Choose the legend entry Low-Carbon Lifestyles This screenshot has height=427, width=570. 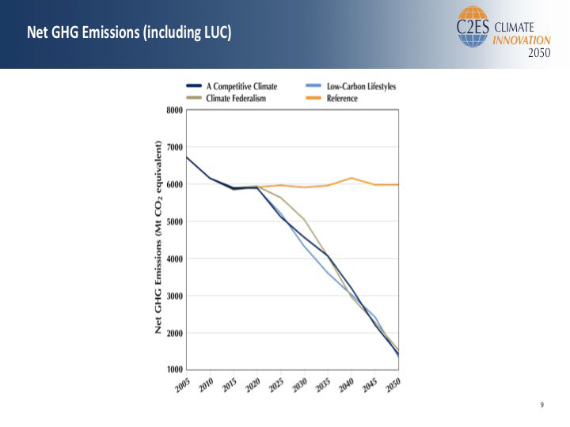click(361, 86)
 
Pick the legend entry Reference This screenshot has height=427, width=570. click(342, 99)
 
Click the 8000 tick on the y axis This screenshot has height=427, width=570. click(176, 111)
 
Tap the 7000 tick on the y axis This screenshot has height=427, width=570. click(176, 148)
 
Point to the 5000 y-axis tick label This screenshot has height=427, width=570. click(176, 222)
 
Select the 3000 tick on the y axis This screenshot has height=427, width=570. click(176, 297)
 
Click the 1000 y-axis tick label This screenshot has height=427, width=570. click(176, 370)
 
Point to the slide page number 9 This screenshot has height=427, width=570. click(542, 406)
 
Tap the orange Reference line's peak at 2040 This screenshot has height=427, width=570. click(351, 178)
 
